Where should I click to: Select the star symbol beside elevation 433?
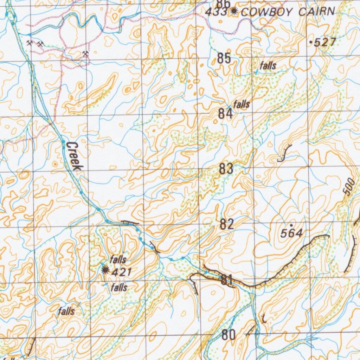coord(233,12)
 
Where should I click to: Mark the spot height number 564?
coord(292,233)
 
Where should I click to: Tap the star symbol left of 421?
coord(104,270)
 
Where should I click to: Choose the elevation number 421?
coord(121,272)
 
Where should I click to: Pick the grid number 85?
coord(224,58)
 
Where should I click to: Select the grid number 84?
coord(225,114)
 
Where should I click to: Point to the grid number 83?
coord(226,169)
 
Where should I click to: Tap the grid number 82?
coord(227,225)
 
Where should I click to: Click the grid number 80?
coord(229,335)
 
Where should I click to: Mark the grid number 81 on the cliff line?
coord(227,280)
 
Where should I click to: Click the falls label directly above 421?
coord(118,260)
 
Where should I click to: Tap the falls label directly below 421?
coord(119,288)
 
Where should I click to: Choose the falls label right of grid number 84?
coord(242,104)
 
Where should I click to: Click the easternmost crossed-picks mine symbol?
coord(85,54)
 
